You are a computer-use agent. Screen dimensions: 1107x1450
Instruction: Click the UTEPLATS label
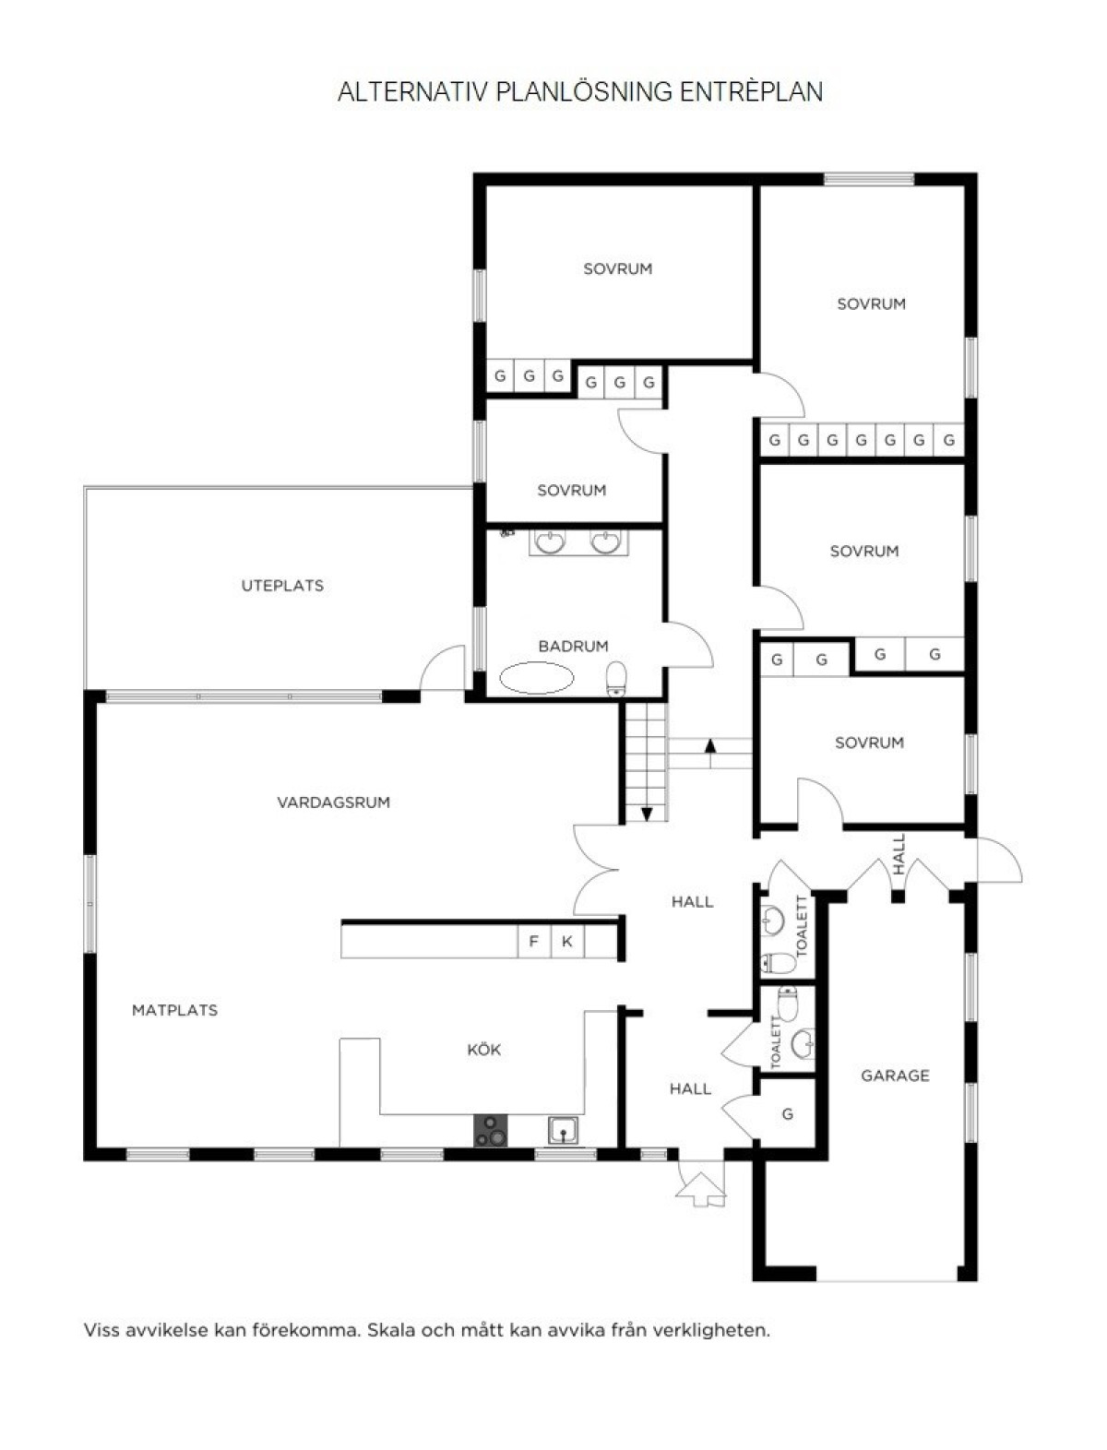(x=282, y=586)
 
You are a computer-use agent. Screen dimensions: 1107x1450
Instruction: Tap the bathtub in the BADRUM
(x=536, y=679)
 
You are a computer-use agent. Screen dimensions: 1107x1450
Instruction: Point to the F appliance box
(x=534, y=942)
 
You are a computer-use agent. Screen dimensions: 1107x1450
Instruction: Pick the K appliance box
(x=567, y=942)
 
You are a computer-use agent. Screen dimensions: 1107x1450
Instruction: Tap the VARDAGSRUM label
(x=334, y=802)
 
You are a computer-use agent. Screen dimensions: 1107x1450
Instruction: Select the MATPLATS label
(x=175, y=1010)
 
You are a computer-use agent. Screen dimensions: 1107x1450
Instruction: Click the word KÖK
(x=484, y=1049)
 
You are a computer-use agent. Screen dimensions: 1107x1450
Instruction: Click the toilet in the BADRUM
(x=616, y=679)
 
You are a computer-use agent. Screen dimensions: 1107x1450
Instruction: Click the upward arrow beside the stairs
(x=710, y=754)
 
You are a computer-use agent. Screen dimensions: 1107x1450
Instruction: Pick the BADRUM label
(x=573, y=646)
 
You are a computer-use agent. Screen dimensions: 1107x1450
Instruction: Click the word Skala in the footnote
(x=390, y=1330)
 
